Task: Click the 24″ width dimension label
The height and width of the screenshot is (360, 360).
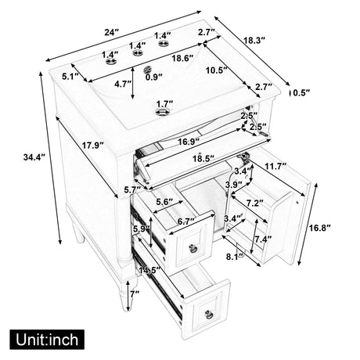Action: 112,32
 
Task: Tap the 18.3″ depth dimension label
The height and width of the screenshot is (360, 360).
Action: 254,40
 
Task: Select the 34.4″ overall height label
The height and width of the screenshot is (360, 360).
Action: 34,157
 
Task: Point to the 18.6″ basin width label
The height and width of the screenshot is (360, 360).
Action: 182,58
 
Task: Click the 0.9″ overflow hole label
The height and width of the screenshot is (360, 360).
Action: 154,77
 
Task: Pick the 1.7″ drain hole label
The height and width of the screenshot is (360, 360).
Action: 164,103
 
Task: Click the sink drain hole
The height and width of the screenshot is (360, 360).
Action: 162,112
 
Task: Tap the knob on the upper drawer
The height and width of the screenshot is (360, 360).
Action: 193,247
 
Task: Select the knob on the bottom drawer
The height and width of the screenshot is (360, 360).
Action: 209,314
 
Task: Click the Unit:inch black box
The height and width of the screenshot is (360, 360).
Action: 47,340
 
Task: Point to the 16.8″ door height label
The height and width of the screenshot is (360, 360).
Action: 320,228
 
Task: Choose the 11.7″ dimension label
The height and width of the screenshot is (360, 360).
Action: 275,166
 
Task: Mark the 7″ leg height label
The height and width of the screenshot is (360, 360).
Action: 135,294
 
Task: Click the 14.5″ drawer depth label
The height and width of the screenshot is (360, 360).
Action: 149,270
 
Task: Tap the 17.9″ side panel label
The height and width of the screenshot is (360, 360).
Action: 93,146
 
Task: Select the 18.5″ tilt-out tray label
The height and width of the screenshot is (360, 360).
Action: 203,158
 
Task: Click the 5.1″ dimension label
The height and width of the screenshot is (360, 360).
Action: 70,77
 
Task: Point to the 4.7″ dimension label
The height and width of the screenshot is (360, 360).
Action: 123,84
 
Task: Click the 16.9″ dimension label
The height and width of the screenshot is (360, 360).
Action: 189,142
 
